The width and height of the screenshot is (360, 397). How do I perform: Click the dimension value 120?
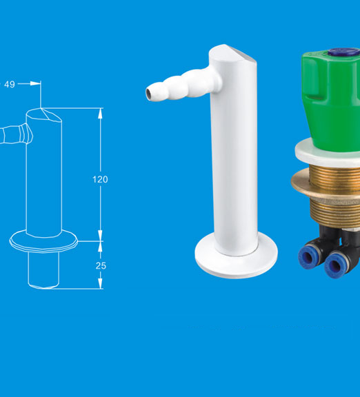tap(100, 179)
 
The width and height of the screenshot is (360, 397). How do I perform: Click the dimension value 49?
tap(10, 84)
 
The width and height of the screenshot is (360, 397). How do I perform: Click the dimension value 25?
tap(100, 265)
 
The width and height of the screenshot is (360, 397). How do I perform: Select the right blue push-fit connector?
tap(337, 263)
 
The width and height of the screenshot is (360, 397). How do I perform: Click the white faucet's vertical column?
tap(234, 159)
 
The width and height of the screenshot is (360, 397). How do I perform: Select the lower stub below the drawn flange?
tap(43, 269)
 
